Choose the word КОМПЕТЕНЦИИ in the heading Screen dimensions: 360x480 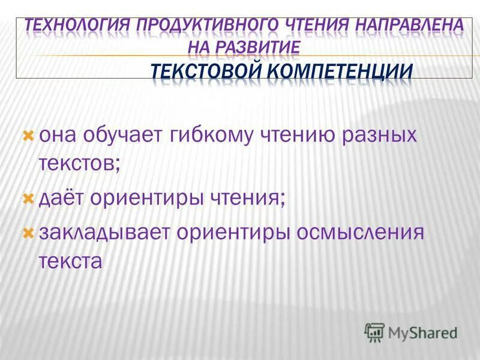coord(340,71)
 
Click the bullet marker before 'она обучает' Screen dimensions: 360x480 coord(27,136)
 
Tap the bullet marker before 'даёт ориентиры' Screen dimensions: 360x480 coord(27,196)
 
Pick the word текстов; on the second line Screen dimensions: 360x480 coord(80,161)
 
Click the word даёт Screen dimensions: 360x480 coord(63,197)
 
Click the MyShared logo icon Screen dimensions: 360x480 coord(375,331)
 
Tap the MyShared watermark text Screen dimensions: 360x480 coord(422,332)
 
